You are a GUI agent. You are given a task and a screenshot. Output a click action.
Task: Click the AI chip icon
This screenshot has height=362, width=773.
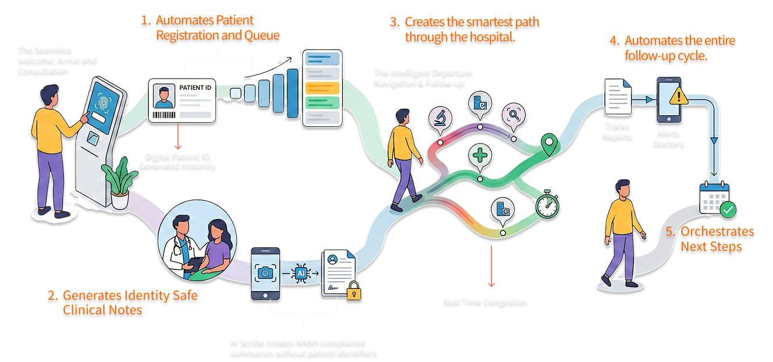click(301, 272)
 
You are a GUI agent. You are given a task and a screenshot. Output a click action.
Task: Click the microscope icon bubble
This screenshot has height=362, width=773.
click(439, 116)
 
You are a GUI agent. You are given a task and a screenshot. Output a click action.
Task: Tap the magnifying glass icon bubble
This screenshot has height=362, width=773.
click(514, 113)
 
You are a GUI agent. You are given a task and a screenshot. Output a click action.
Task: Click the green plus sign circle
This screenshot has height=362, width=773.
click(480, 155)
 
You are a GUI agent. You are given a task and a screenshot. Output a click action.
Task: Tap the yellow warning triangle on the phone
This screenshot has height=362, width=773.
click(676, 96)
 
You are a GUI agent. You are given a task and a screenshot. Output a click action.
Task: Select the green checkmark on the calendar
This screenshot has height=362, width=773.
click(728, 210)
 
